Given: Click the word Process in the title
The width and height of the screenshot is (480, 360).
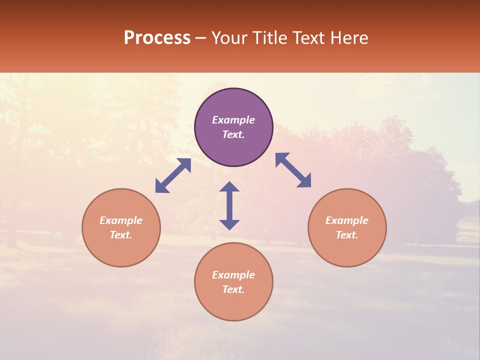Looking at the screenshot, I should tap(157, 38).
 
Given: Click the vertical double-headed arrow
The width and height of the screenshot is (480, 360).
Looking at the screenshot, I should tap(229, 205).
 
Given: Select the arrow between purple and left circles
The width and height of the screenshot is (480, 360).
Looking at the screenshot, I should tap(173, 175).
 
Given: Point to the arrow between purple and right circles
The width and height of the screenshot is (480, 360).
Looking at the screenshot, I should tap(293, 170).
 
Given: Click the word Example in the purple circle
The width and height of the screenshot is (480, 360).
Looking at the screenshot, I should tap(233, 120).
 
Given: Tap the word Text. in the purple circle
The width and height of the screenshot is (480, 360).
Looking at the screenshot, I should tap(233, 134).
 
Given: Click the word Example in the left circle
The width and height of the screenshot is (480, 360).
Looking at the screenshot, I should tap(121, 220).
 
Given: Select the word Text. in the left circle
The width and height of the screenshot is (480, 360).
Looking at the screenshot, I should tap(121, 235).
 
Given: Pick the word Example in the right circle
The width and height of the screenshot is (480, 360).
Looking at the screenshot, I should tap(347, 220).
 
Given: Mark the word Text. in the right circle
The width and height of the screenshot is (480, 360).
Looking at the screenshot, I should tap(347, 235).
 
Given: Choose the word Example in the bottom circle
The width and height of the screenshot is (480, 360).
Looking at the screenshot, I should tap(233, 275).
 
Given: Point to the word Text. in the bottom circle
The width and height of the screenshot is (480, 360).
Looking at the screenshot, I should tap(233, 289).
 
